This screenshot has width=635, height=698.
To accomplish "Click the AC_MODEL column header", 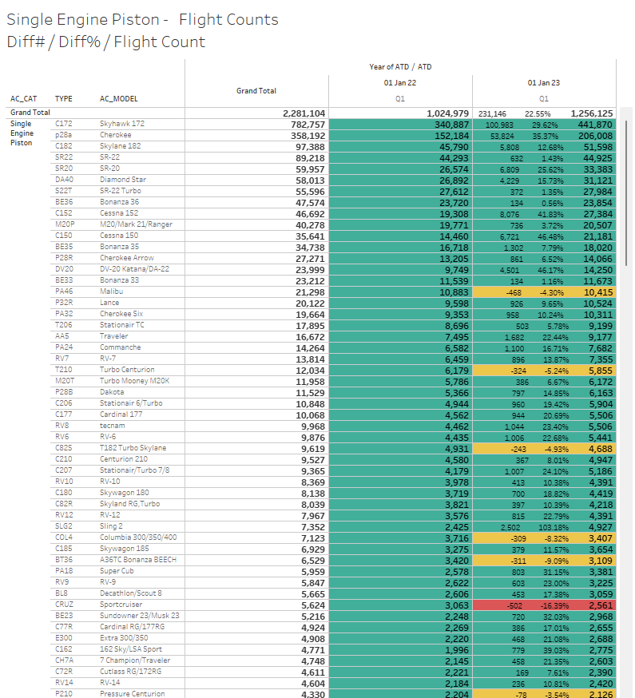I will [118, 99].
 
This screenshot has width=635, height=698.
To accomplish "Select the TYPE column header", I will [63, 99].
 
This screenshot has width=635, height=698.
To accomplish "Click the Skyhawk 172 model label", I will [122, 125].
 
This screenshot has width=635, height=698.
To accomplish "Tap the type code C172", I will [63, 125].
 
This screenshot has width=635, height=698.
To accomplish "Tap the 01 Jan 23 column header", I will [544, 82].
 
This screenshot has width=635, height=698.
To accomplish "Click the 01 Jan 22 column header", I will [400, 82].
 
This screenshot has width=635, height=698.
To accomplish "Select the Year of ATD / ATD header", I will [400, 67].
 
